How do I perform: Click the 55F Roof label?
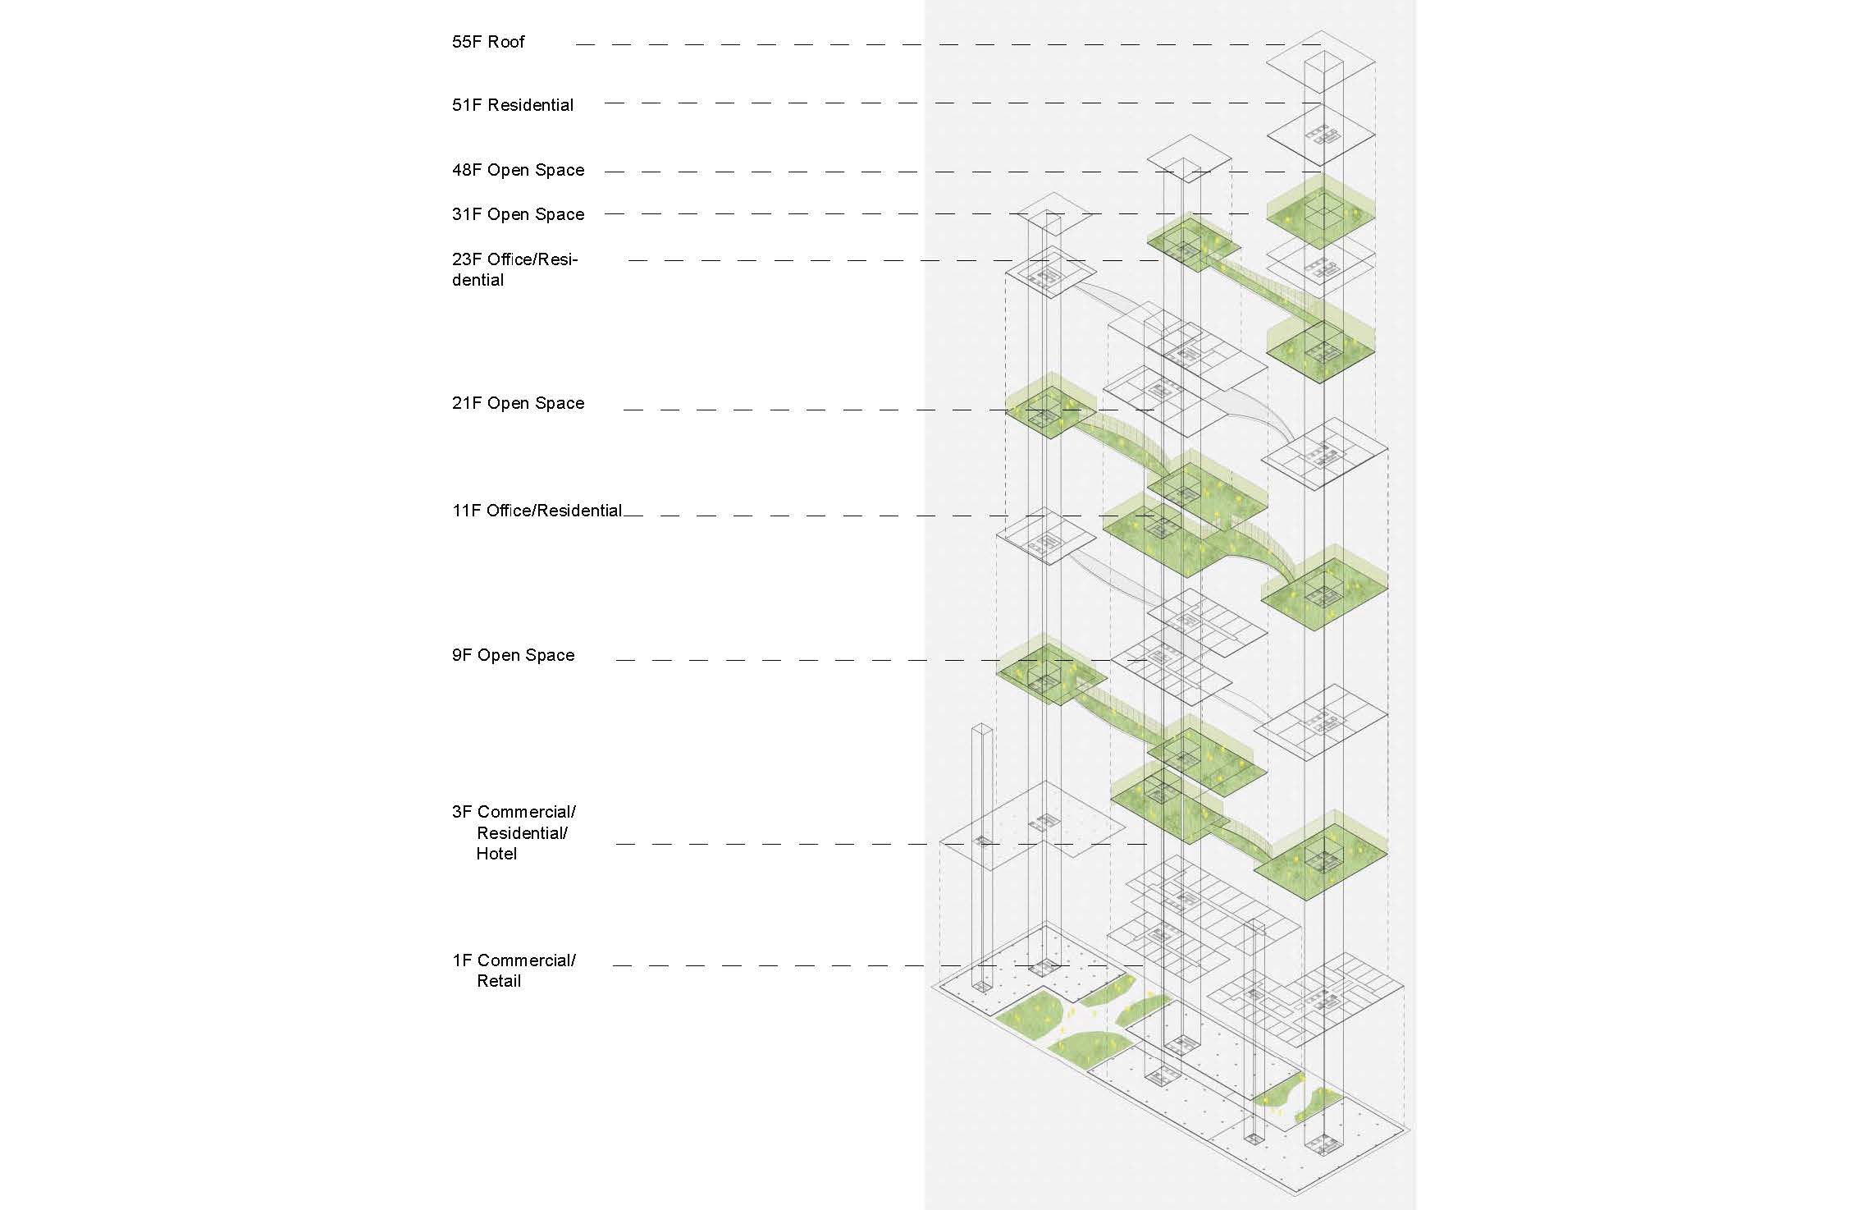point(488,42)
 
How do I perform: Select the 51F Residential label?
point(513,105)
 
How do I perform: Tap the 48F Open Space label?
point(518,171)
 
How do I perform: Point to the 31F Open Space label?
point(518,215)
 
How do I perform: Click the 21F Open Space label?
point(518,404)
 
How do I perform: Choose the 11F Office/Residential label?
point(537,511)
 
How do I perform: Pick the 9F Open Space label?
point(513,656)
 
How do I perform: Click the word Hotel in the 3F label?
point(496,854)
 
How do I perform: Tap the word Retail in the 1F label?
point(499,981)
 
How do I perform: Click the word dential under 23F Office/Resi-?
point(478,280)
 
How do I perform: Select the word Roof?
point(506,42)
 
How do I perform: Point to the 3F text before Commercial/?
point(462,812)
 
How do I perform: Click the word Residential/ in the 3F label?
point(522,833)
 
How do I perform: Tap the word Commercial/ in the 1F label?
point(527,960)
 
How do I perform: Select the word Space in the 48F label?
point(560,171)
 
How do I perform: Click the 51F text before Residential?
point(467,105)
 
